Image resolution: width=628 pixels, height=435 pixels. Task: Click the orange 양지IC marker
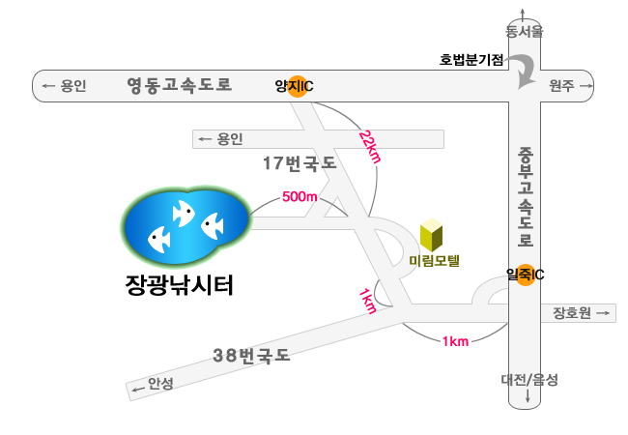(x=298, y=86)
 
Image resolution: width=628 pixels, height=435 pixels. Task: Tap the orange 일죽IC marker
(x=525, y=275)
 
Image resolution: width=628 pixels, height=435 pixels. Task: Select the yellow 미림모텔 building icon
(x=431, y=235)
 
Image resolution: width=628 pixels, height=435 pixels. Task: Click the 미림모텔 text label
(x=434, y=261)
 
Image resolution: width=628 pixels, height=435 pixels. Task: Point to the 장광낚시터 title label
(x=180, y=285)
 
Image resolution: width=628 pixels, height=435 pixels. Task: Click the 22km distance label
(x=370, y=147)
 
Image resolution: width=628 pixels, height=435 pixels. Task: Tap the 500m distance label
(x=300, y=196)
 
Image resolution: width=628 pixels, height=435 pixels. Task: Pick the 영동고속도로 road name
(x=180, y=85)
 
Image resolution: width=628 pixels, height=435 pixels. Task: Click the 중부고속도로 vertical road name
(x=525, y=196)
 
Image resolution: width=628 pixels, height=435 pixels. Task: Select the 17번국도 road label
(x=300, y=163)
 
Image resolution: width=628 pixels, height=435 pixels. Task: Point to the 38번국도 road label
(x=251, y=356)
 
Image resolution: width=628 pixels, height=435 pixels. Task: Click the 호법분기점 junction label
(x=471, y=60)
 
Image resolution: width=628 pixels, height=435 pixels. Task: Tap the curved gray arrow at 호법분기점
(x=525, y=72)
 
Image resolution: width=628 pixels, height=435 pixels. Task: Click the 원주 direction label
(x=561, y=85)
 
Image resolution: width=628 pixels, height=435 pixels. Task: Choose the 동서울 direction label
(x=525, y=31)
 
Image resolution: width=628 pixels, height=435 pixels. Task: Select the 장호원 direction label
(x=572, y=313)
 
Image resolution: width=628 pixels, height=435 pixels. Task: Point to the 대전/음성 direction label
(x=529, y=379)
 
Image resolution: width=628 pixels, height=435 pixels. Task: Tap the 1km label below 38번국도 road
(x=455, y=341)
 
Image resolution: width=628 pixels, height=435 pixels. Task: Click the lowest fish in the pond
(x=159, y=240)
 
